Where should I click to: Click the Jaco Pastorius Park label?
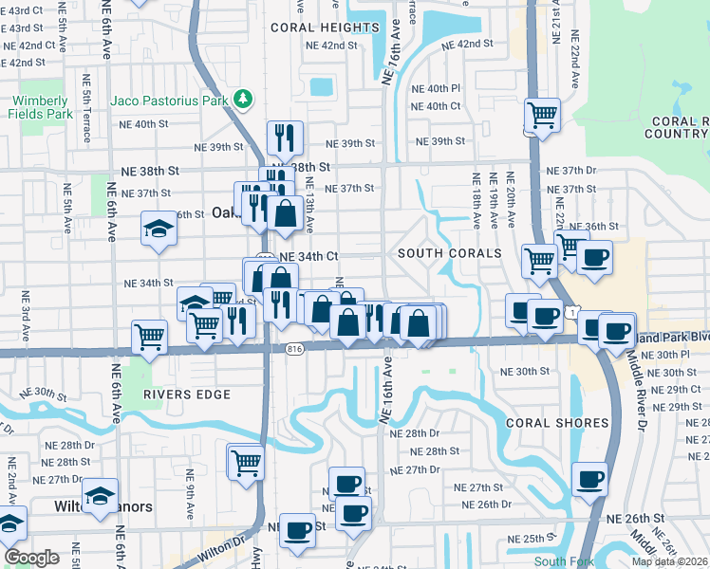(171, 99)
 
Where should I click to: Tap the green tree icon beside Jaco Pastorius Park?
(244, 98)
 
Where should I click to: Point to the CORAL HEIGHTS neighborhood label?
(325, 28)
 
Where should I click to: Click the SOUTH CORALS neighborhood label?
(449, 253)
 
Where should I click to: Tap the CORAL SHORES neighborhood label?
(557, 423)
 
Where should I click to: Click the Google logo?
(32, 558)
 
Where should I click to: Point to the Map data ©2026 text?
(669, 561)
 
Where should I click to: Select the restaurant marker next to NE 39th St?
(285, 138)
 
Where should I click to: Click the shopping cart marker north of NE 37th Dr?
(541, 116)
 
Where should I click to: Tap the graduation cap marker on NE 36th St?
(159, 229)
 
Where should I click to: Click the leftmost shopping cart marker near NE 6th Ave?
(150, 337)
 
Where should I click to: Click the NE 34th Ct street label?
(308, 256)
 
